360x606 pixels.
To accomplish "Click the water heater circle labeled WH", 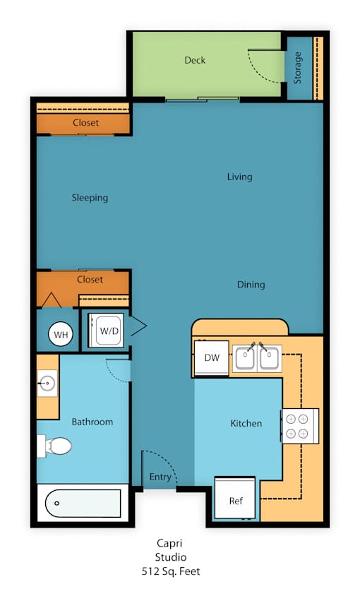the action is [61, 334].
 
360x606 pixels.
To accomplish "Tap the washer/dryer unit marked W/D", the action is [106, 330].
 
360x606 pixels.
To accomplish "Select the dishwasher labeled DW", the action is [212, 358].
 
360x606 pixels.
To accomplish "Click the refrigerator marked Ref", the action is [235, 498].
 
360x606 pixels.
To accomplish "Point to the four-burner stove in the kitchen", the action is [300, 426].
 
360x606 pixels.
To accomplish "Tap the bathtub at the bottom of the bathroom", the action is [83, 503].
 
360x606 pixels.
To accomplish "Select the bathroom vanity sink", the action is [47, 384].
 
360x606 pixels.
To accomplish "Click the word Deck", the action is [195, 60].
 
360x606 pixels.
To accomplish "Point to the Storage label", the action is [297, 68].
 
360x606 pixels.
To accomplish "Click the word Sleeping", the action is [90, 198].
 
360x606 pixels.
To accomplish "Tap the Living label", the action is [239, 177].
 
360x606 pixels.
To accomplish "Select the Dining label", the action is [251, 285].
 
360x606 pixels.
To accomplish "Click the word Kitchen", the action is [246, 424].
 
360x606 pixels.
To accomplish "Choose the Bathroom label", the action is [92, 422].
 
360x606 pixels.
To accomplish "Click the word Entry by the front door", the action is [160, 477].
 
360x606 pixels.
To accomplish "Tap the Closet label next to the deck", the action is [85, 123].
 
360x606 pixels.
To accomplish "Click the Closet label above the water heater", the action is [90, 280].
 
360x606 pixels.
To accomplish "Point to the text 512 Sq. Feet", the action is [171, 571].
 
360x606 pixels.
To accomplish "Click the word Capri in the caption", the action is [169, 544].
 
